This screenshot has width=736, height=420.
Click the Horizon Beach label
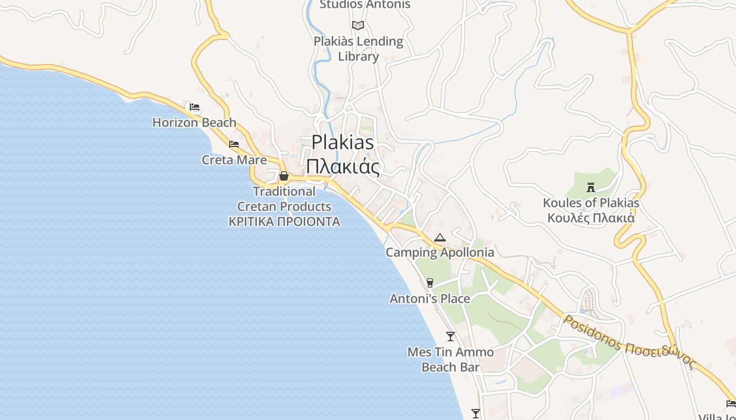[194, 123]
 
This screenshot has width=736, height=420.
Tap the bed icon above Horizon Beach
[195, 107]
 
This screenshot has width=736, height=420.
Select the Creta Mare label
[234, 160]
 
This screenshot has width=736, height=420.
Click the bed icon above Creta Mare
[234, 144]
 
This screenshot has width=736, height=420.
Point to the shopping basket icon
[284, 176]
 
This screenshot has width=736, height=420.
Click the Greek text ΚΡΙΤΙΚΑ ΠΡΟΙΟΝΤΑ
[284, 222]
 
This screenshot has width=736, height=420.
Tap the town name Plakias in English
[343, 142]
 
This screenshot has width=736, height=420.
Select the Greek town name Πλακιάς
[343, 166]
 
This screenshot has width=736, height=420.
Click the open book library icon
[358, 25]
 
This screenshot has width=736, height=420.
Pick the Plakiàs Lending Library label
[359, 49]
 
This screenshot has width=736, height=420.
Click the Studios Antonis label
[365, 5]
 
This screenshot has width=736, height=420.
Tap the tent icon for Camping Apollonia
[439, 237]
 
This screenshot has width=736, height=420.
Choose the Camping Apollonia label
[440, 253]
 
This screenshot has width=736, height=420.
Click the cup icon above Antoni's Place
[430, 283]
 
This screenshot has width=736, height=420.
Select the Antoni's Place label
[430, 299]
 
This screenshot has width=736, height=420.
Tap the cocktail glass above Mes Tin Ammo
[451, 337]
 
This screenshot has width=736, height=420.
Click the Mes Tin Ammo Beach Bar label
[451, 360]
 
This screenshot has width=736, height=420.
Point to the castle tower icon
[591, 187]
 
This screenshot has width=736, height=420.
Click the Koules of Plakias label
[591, 203]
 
